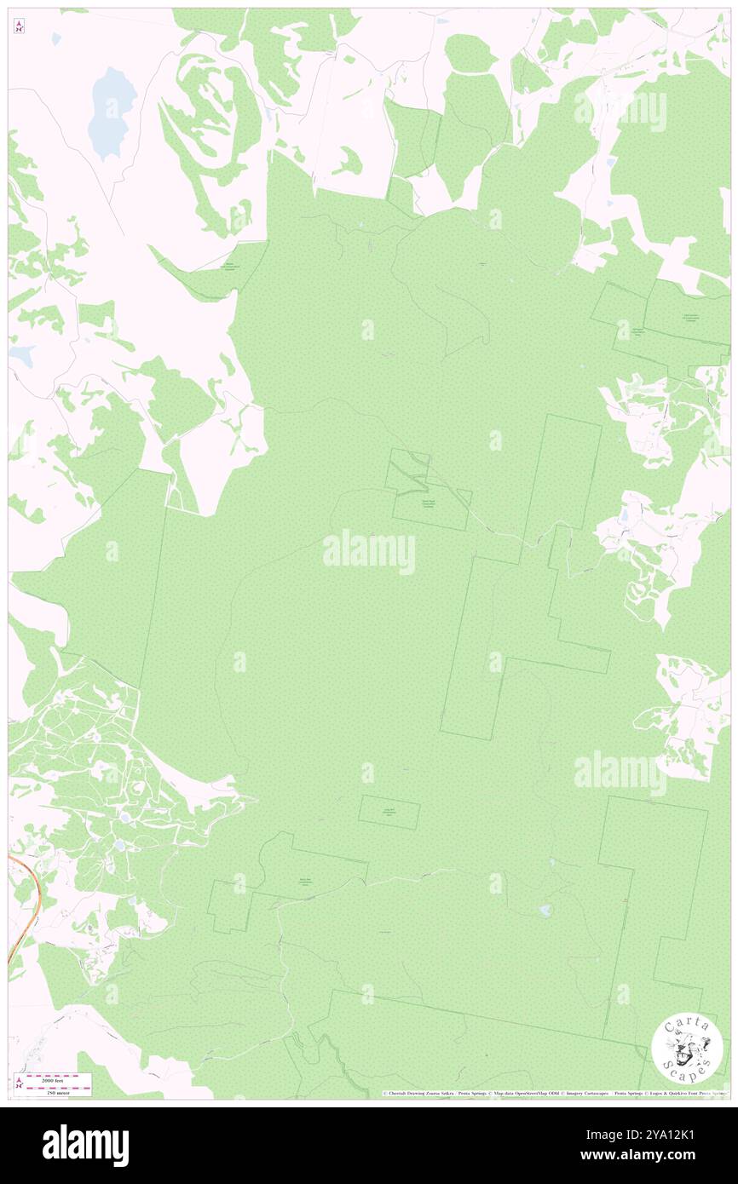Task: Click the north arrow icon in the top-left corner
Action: coord(19,27)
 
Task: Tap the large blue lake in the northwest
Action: coord(112,112)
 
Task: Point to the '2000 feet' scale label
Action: coord(58,1079)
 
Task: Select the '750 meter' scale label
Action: coord(58,1091)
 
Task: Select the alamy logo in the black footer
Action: coord(85,1144)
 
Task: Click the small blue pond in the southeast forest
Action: coord(544,911)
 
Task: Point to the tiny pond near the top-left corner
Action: coord(56,39)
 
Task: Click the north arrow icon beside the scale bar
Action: coord(19,1083)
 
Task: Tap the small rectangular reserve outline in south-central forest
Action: coord(389,812)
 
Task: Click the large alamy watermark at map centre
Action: coord(369,552)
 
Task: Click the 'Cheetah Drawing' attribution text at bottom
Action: coord(418,1094)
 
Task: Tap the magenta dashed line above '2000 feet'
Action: coord(57,1075)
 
